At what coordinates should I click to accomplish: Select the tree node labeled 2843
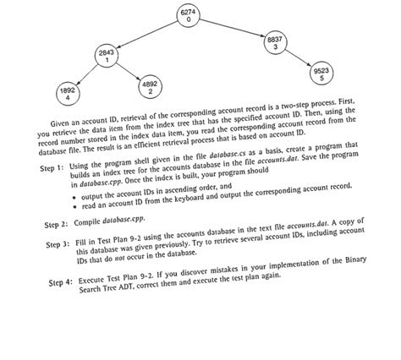click(107, 57)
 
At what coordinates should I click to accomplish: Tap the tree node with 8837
click(275, 42)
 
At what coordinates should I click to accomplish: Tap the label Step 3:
click(55, 246)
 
